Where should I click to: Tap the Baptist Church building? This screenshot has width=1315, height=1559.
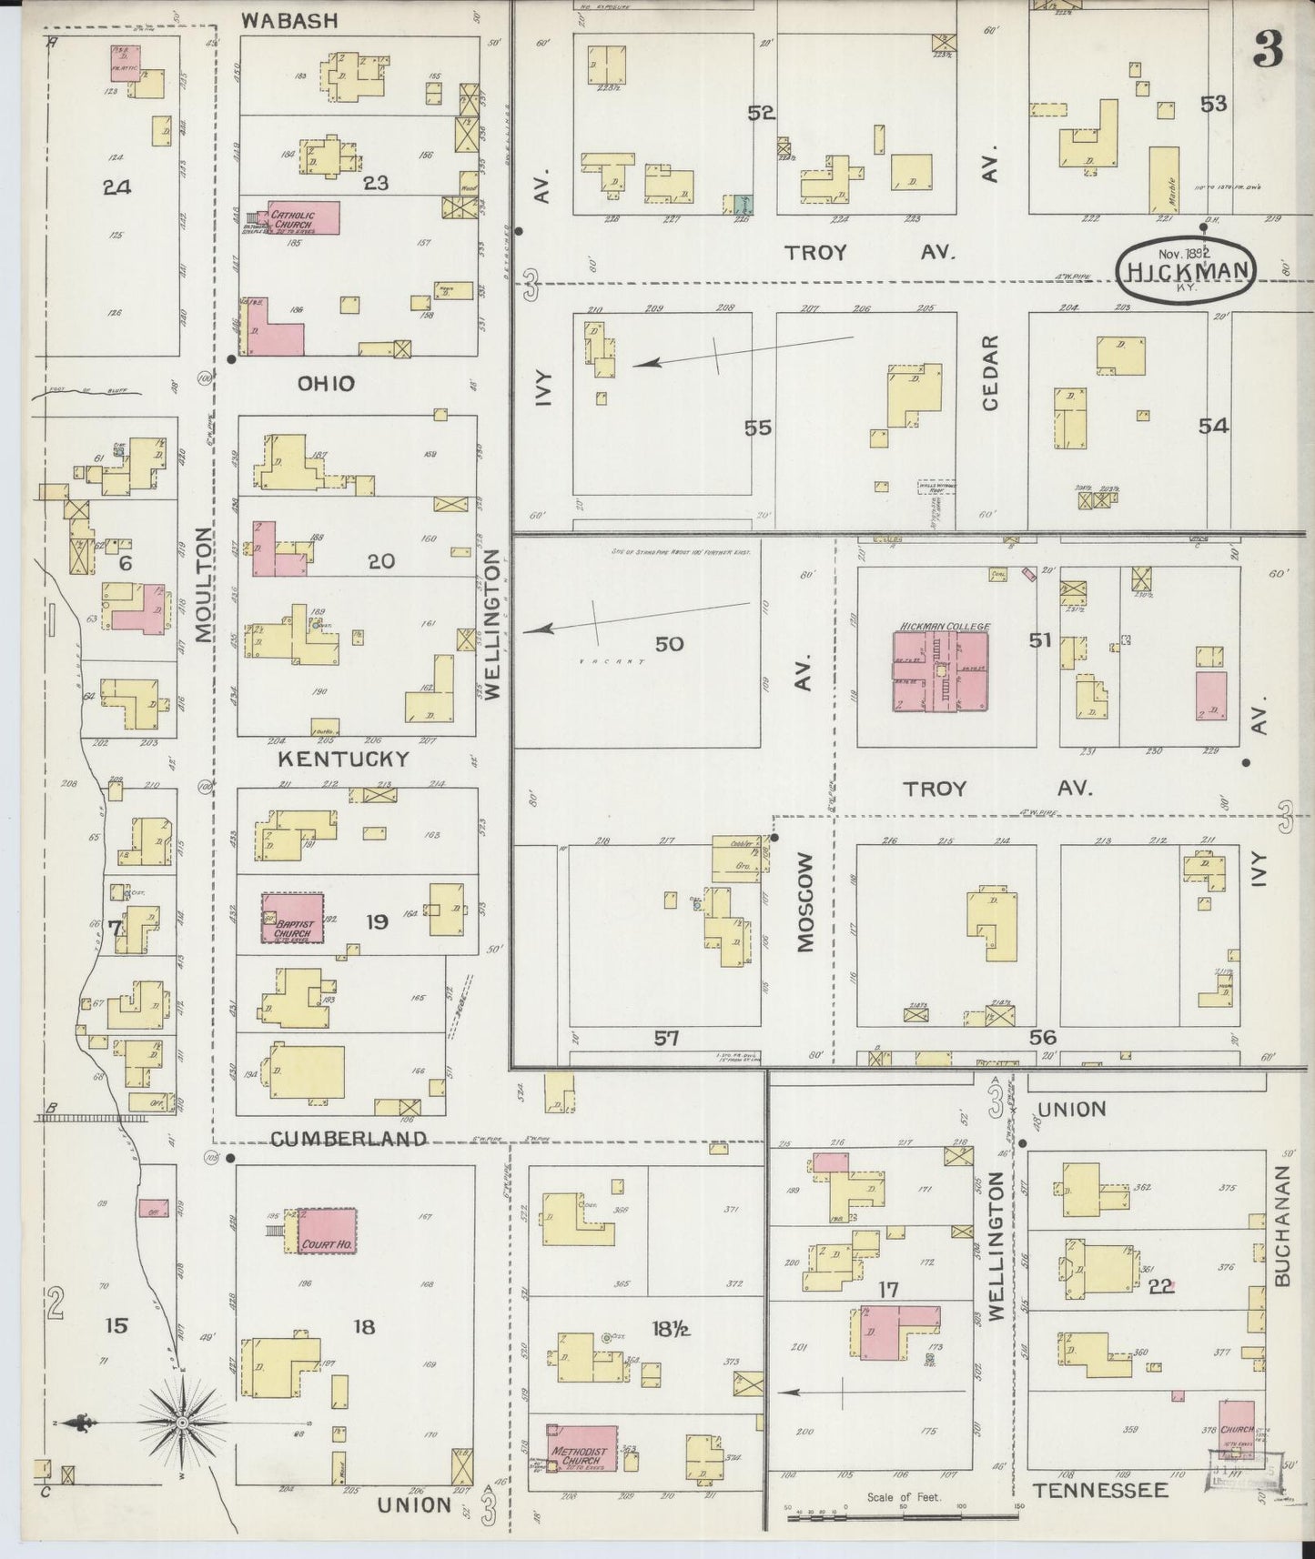pyautogui.click(x=293, y=918)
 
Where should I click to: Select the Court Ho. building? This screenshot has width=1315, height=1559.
pyautogui.click(x=327, y=1232)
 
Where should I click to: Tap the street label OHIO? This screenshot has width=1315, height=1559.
pyautogui.click(x=326, y=384)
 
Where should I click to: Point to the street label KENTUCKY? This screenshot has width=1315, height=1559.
pyautogui.click(x=343, y=759)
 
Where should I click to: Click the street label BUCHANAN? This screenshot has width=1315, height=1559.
pyautogui.click(x=1282, y=1226)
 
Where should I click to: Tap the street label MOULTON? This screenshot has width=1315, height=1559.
pyautogui.click(x=204, y=584)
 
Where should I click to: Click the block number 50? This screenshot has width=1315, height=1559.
pyautogui.click(x=669, y=644)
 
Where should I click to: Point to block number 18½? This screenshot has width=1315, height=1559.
pyautogui.click(x=670, y=1329)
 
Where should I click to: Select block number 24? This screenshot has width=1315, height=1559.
pyautogui.click(x=116, y=187)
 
